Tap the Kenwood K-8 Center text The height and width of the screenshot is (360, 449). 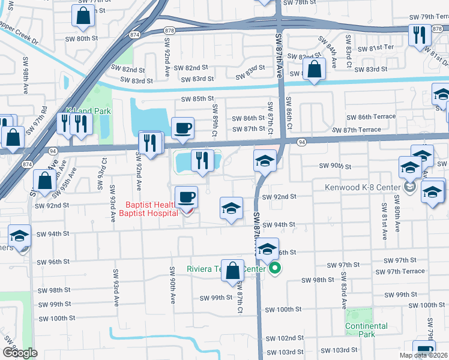click(x=362, y=188)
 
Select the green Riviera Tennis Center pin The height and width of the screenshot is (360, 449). click(x=275, y=268)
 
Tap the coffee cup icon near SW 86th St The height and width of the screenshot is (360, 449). click(x=182, y=127)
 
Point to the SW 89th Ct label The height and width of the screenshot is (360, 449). click(x=214, y=115)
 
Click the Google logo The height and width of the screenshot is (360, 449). click(x=19, y=353)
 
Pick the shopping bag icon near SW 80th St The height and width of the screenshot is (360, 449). click(x=83, y=16)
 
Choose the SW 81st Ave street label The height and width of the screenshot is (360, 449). click(x=382, y=218)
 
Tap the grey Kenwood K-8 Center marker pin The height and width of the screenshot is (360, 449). click(x=409, y=188)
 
